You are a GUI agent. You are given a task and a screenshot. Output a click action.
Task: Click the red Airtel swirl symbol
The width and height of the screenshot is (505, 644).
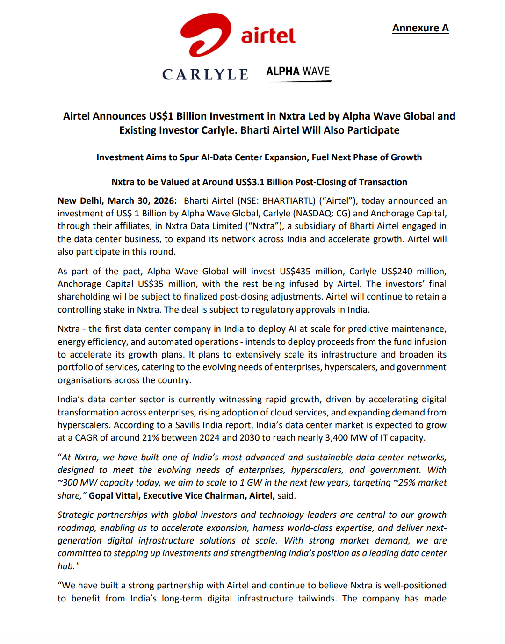coord(206,35)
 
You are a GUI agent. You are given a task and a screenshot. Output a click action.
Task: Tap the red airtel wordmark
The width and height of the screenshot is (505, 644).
coord(268,36)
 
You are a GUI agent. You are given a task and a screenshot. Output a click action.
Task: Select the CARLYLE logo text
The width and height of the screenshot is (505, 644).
coord(205,74)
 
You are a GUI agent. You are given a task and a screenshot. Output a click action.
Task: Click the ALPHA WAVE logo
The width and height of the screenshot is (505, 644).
coord(298,72)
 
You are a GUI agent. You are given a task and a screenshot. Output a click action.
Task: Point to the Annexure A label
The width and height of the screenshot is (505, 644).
coord(420,28)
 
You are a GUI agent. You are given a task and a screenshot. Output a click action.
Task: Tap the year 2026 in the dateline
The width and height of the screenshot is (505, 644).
coord(165,200)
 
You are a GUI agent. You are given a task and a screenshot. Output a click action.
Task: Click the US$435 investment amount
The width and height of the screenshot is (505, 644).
coord(295,271)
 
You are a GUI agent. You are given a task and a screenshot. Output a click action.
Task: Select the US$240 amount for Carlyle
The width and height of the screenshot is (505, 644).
coord(397,271)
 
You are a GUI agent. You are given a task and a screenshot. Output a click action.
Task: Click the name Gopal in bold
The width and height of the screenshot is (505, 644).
coord(101,495)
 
